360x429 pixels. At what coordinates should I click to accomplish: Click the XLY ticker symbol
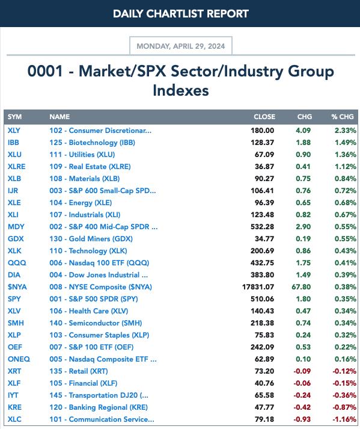pos(14,131)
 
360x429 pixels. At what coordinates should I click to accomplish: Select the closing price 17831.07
pos(258,287)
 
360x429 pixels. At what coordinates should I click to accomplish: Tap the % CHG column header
pos(343,117)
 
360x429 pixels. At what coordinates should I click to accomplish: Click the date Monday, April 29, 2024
pos(181,46)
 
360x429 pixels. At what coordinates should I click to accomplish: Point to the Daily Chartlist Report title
pos(181,14)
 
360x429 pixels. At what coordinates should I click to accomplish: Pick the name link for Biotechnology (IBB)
pos(92,143)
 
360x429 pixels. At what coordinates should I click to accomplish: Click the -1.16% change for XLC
pos(344,419)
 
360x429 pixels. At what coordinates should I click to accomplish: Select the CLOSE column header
pos(264,117)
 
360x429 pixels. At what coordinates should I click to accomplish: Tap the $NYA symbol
pos(17,287)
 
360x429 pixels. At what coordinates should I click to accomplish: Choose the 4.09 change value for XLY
pos(303,131)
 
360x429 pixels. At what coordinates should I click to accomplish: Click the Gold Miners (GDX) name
pos(91,239)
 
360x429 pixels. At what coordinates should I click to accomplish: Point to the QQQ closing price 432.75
pos(262,263)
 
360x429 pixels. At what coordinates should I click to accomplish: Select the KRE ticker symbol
pos(14,407)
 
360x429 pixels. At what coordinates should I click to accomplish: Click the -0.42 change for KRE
pos(302,407)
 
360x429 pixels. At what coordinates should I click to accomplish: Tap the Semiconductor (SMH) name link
pos(96,323)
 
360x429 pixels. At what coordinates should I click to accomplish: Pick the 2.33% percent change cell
pos(346,131)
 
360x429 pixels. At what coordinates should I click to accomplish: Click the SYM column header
pos(14,117)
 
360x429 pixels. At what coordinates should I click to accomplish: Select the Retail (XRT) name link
pos(79,371)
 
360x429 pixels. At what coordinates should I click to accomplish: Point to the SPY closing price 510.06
pos(262,299)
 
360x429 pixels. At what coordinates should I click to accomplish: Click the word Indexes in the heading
pos(181,91)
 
